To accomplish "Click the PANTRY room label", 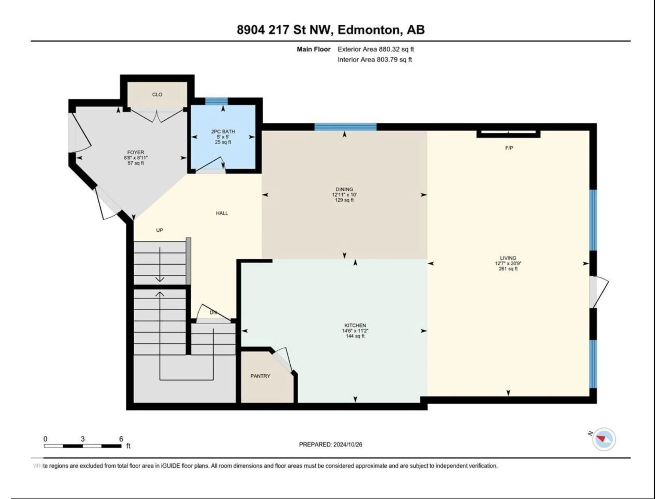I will [x=260, y=376].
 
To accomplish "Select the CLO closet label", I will [x=157, y=94].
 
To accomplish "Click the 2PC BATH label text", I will [x=223, y=132].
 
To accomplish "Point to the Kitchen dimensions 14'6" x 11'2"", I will [x=355, y=331].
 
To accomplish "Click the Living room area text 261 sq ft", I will [x=508, y=269].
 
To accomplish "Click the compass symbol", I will [x=604, y=439].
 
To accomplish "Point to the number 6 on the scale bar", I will [x=121, y=439].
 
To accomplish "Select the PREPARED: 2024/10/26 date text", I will [x=330, y=444].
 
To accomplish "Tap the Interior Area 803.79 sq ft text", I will [x=375, y=60].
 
